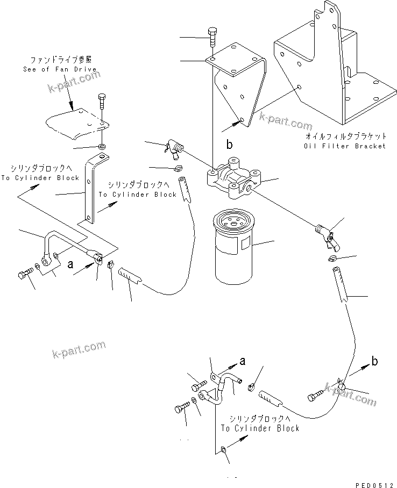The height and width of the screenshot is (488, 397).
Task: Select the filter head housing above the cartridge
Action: point(233,178)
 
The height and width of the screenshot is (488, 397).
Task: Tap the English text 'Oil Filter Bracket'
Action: point(345,146)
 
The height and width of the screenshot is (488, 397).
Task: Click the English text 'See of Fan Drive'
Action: point(60,69)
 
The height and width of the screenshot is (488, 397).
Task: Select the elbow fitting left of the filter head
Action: point(174,148)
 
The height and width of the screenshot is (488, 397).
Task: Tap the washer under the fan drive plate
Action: point(102,146)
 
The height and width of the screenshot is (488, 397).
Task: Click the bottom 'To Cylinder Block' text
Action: point(260,428)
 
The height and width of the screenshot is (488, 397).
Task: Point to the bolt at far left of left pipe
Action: point(24,274)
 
